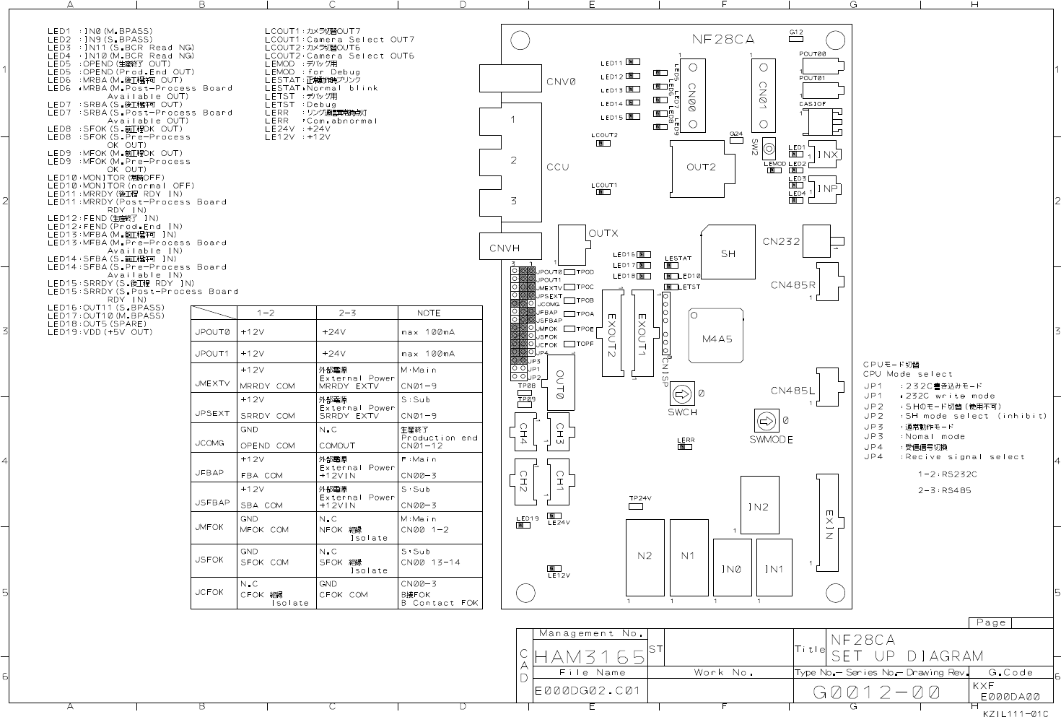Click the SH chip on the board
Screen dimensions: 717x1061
(x=728, y=253)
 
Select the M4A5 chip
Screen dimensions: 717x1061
(x=716, y=338)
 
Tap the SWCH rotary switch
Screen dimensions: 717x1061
(x=680, y=394)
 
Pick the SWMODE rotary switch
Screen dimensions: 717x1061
(x=765, y=420)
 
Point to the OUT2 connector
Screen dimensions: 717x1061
(x=700, y=168)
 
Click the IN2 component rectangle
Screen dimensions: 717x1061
(x=759, y=505)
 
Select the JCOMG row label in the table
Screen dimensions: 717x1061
(x=209, y=443)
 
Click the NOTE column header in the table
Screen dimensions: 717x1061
(x=429, y=313)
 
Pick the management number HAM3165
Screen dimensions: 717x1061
(x=590, y=657)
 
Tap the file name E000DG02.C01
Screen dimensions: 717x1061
(x=588, y=690)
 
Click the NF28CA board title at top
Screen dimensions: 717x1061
(x=722, y=39)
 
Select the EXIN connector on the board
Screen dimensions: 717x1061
(x=829, y=522)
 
